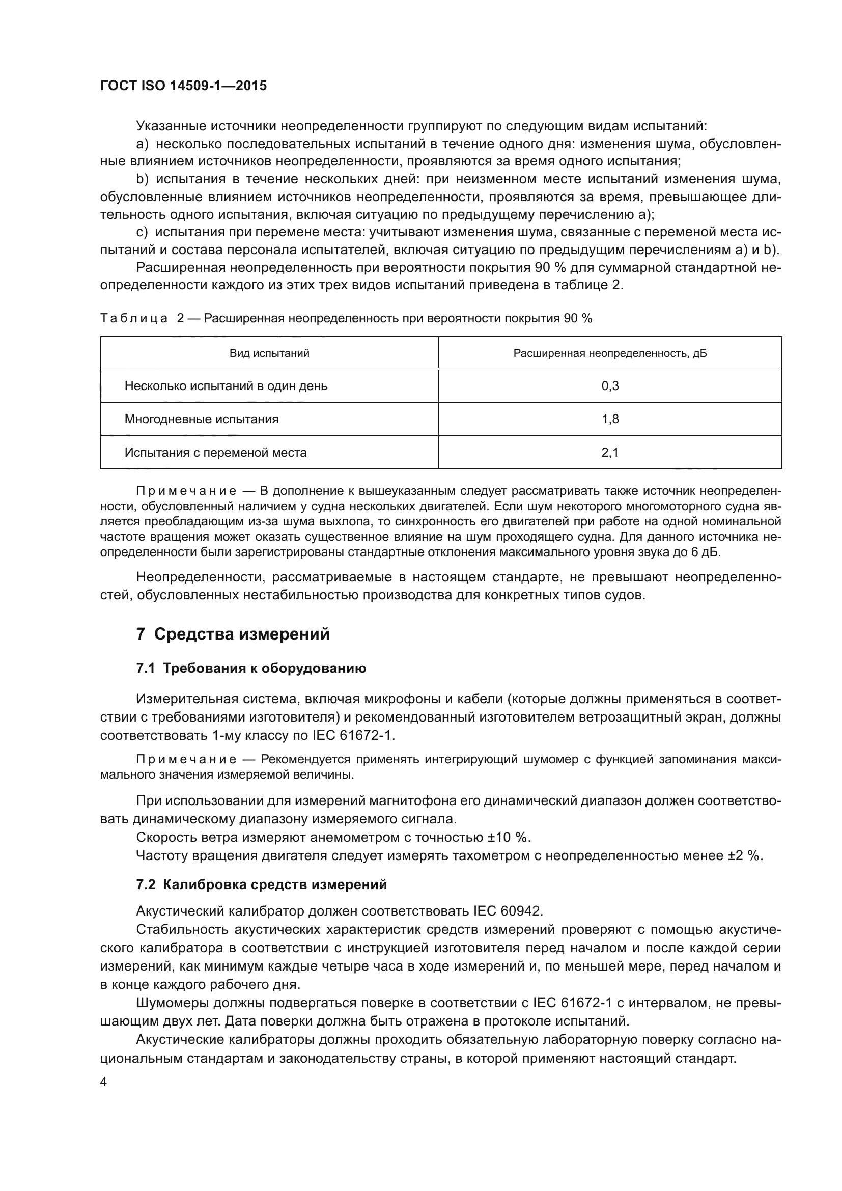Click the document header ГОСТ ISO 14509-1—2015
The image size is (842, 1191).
click(x=184, y=86)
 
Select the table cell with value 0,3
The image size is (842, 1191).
click(x=610, y=386)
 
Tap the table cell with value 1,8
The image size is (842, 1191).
click(x=610, y=419)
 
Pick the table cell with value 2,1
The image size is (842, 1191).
click(x=610, y=453)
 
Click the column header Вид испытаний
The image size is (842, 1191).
click(x=269, y=353)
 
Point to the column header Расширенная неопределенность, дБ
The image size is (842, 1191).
click(x=610, y=353)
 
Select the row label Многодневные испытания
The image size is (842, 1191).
click(x=201, y=419)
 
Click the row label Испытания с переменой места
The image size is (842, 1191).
click(x=215, y=453)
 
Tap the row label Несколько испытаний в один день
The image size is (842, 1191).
click(x=226, y=386)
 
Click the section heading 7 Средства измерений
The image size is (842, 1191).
click(x=233, y=634)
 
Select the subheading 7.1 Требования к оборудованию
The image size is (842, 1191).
click(x=251, y=669)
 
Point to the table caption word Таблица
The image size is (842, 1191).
click(x=134, y=318)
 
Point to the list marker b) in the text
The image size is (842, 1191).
click(x=142, y=179)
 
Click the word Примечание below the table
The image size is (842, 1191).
click(x=186, y=491)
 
